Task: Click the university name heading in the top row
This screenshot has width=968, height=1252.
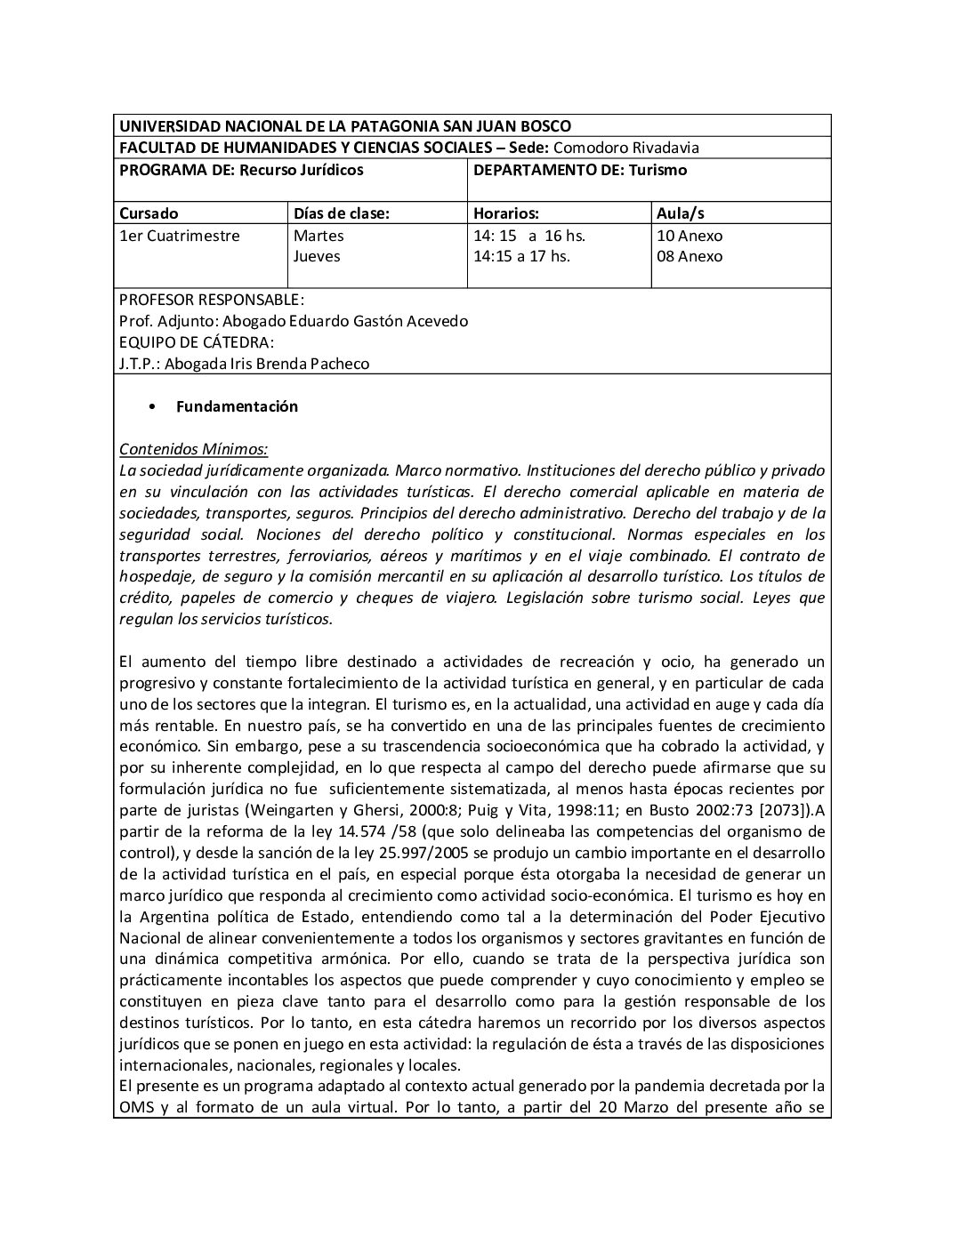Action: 345,126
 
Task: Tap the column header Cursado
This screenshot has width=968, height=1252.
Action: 149,213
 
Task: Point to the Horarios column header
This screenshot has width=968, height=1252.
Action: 506,213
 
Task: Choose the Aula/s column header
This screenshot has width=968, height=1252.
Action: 681,213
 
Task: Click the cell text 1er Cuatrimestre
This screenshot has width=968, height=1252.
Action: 179,236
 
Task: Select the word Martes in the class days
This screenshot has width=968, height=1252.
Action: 319,236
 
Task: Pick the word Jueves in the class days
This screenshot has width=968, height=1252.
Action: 317,256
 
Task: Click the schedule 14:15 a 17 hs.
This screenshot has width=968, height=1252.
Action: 521,256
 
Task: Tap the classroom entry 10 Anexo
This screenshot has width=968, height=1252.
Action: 690,236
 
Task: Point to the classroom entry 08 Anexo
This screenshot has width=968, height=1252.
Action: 690,256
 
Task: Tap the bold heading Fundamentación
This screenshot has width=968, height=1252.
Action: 237,406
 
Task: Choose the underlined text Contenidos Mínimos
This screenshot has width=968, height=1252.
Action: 193,449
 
